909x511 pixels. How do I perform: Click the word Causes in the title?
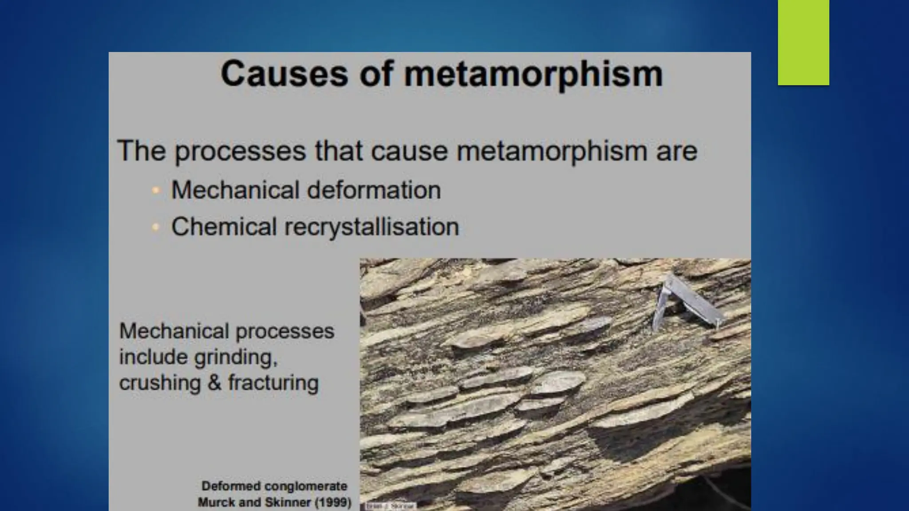[284, 74]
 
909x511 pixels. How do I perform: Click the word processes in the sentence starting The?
[240, 151]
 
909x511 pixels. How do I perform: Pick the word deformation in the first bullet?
[374, 190]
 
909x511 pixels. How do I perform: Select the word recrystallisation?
[371, 227]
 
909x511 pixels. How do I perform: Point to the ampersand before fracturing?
[214, 383]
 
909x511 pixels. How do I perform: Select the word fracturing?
[273, 383]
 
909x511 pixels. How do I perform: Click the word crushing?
[160, 383]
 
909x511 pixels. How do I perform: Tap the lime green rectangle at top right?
[803, 42]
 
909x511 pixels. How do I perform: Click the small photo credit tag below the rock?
[390, 506]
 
